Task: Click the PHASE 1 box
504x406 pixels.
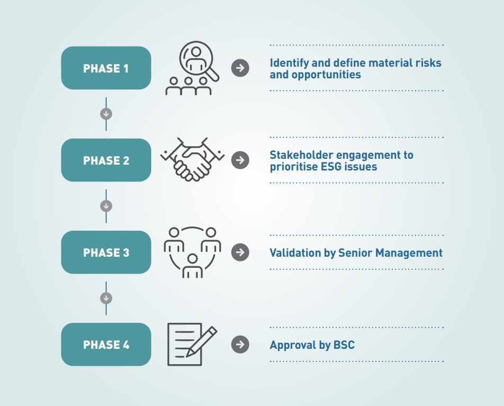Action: (x=106, y=68)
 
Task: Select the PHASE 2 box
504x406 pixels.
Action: (x=106, y=160)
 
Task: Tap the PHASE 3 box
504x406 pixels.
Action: (x=106, y=252)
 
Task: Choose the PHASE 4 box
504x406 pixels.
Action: (x=106, y=344)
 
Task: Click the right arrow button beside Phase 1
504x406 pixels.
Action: (x=240, y=68)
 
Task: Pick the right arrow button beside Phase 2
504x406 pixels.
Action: (x=240, y=160)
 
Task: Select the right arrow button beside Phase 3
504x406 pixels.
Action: (x=240, y=252)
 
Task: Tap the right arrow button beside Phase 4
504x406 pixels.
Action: (x=240, y=344)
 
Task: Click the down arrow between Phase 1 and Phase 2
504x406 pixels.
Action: (x=106, y=114)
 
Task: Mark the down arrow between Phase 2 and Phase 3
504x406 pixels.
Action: (x=106, y=206)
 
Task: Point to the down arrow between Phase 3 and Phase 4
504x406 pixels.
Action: (x=106, y=298)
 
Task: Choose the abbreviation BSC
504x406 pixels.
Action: (x=344, y=345)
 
